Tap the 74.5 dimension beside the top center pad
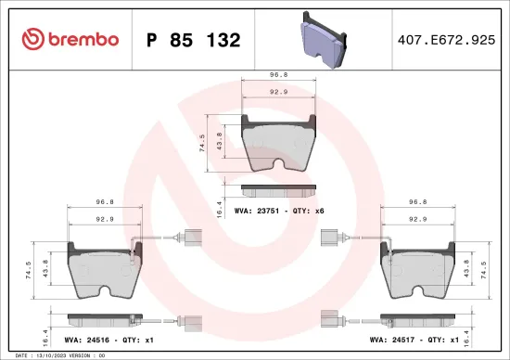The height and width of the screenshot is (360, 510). pos(203,141)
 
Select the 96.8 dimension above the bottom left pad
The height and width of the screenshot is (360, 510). pos(105,201)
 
